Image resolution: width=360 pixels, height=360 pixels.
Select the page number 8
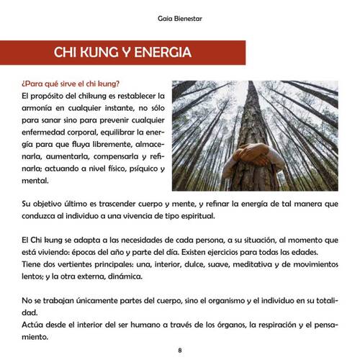coord(180,350)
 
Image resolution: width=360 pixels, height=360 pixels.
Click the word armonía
coord(40,108)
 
